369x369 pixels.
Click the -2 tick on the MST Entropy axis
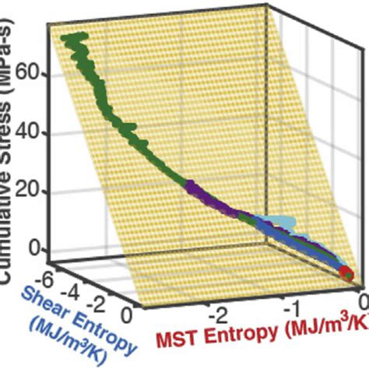click(x=219, y=315)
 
